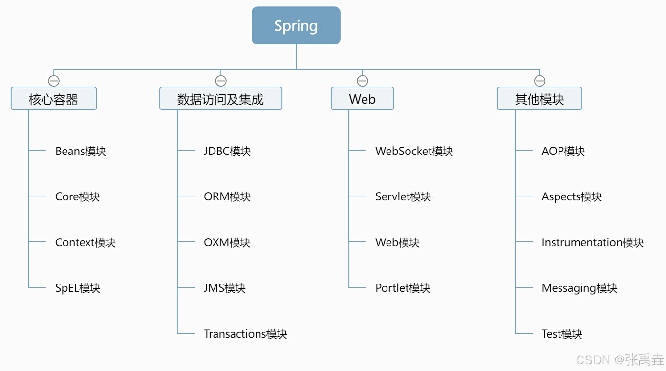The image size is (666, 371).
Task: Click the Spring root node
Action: point(296,25)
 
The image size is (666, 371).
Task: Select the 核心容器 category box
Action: point(54,99)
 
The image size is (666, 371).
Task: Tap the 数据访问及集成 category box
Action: point(220,99)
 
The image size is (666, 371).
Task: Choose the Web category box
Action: point(362,99)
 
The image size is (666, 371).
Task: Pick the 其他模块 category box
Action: point(539,99)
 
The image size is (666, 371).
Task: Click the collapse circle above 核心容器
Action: point(54,81)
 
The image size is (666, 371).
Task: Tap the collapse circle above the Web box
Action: point(362,81)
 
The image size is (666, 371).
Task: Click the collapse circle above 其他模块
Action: point(539,81)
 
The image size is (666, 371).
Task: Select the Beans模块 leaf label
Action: point(81,151)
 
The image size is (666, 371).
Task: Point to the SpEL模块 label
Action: point(78,288)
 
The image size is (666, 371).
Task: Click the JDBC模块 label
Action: point(227,151)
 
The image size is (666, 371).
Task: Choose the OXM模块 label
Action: point(227,242)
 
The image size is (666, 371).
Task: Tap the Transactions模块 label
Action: point(245,334)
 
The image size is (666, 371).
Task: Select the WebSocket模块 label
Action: point(414,151)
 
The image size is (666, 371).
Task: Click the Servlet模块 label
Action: point(403,196)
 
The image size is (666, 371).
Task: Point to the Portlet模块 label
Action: point(403,288)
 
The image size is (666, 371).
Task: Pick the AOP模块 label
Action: point(563,151)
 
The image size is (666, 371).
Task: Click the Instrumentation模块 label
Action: point(592,242)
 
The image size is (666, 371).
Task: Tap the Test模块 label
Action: point(562,334)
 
